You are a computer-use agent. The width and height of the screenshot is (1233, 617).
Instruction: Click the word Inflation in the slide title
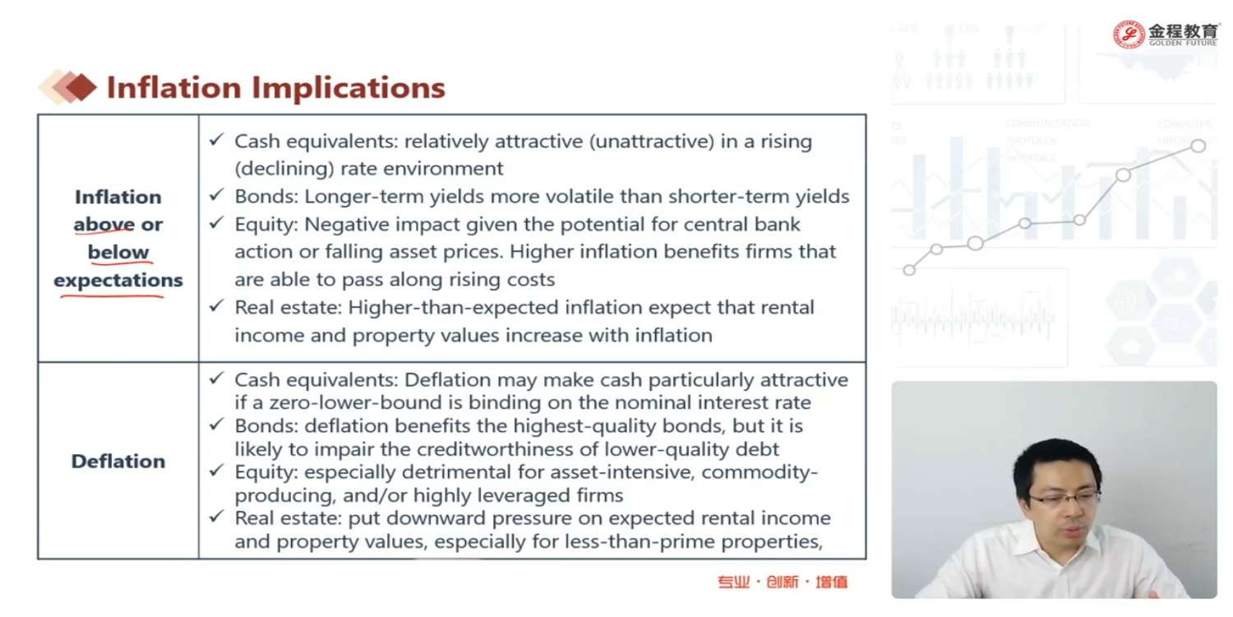[x=174, y=87]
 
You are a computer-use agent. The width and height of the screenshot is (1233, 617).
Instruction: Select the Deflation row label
[x=118, y=461]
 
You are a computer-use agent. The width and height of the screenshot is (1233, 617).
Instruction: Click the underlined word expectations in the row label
[x=118, y=281]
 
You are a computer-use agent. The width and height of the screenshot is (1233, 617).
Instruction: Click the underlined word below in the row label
[x=118, y=253]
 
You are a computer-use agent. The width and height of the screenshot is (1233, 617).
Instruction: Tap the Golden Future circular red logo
[x=1129, y=35]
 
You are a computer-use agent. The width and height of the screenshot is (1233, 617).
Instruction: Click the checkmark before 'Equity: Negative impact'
[x=217, y=223]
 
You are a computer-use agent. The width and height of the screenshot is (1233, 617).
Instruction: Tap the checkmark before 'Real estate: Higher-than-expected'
[x=217, y=305]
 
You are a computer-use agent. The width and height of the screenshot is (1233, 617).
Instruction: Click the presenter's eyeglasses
[x=1064, y=499]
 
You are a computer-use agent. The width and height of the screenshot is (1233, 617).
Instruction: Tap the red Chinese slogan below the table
[x=783, y=582]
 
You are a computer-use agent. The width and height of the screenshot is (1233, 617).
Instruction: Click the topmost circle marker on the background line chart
[x=1198, y=146]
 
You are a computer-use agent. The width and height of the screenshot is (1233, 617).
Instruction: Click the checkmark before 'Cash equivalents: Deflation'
[x=217, y=378]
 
